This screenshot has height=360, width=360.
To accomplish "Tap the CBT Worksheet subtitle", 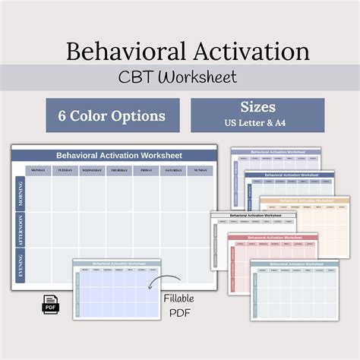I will click(180, 77).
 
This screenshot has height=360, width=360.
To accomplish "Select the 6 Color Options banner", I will click(112, 115).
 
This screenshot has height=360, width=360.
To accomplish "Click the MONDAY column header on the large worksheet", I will click(38, 170).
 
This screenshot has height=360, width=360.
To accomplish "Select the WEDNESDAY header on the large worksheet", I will click(92, 170).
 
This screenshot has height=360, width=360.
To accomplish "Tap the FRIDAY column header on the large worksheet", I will click(146, 170).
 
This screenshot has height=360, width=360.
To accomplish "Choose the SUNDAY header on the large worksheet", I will click(201, 170).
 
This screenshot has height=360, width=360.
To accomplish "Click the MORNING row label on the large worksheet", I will click(19, 193).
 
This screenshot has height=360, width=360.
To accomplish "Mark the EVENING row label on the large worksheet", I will click(19, 267).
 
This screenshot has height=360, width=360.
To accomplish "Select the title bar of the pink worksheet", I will click(271, 237).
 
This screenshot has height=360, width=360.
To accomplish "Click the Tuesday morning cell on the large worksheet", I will click(65, 193).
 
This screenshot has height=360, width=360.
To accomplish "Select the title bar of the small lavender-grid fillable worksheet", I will click(117, 264).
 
